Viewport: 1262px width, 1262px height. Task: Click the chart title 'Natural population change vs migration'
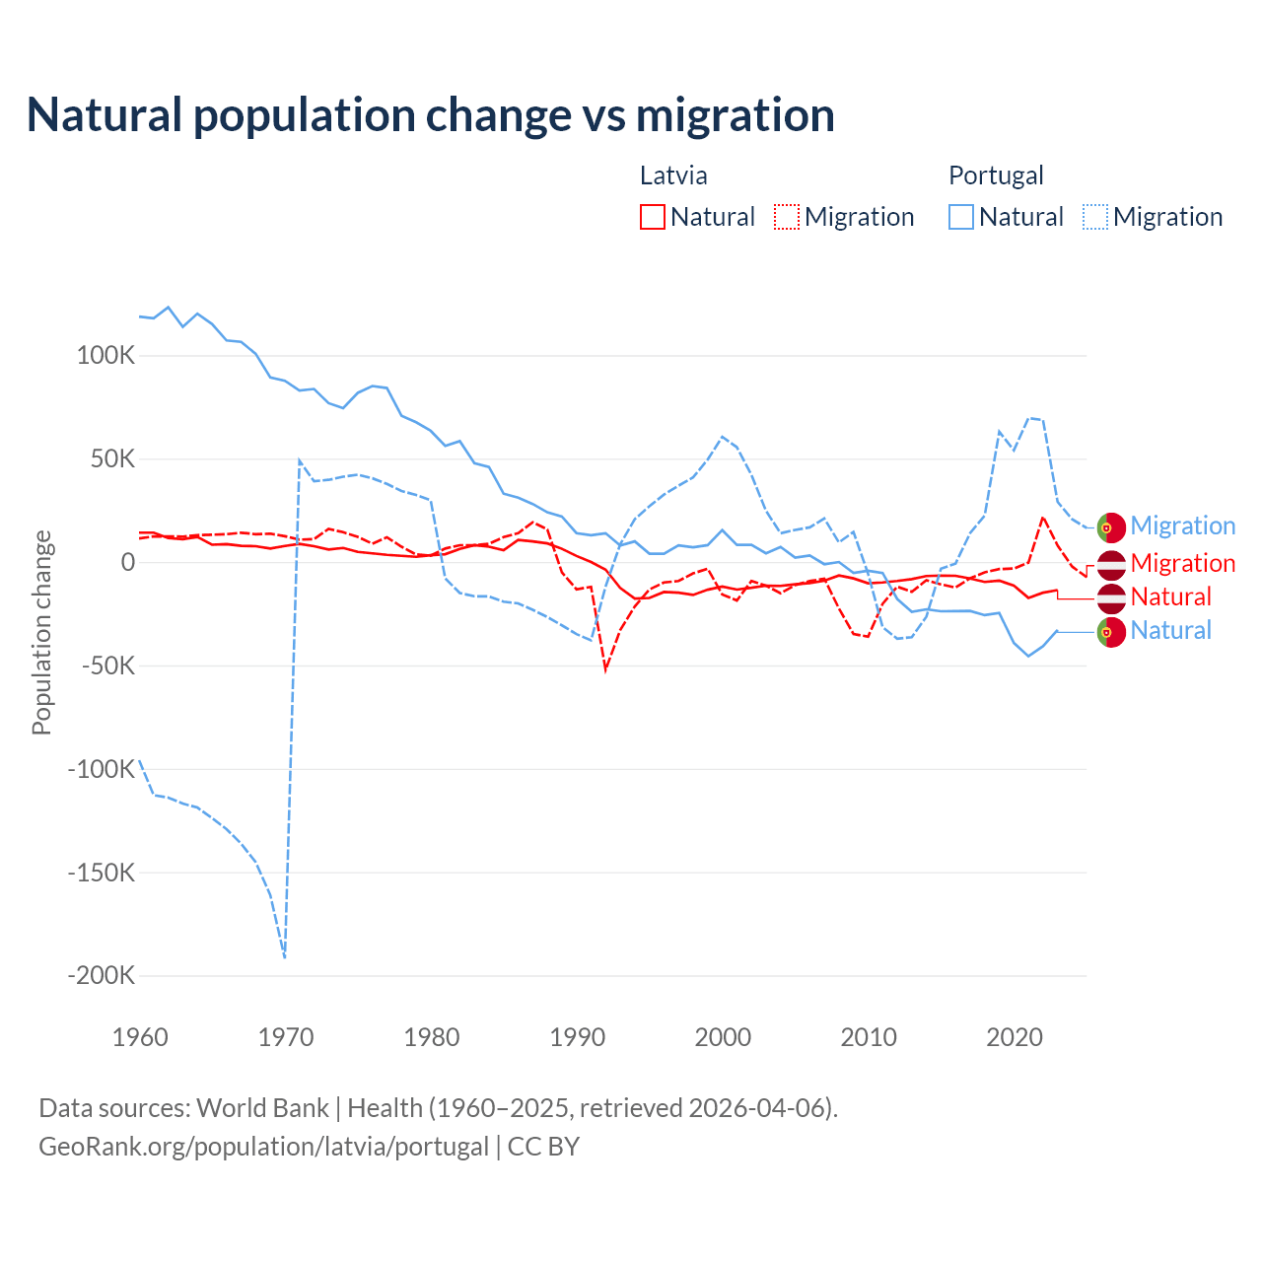431,115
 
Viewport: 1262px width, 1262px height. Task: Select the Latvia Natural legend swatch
652,217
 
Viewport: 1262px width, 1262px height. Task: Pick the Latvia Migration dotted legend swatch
787,217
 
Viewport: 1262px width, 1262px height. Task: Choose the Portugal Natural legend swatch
961,217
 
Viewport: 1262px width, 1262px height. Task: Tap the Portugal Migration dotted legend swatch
1095,217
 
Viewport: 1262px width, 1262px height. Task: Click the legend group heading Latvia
673,175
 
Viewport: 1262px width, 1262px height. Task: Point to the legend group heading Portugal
996,175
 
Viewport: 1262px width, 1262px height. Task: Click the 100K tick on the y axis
105,355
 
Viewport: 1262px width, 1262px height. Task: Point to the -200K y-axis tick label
101,976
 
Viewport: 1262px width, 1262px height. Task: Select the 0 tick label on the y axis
128,562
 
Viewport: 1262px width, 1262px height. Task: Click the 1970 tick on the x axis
286,1037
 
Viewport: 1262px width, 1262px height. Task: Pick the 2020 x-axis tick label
1015,1037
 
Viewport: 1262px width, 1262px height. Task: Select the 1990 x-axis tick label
578,1037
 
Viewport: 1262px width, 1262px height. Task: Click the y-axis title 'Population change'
41,633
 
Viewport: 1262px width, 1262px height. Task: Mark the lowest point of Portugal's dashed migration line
285,956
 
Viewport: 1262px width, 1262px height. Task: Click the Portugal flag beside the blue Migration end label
1111,527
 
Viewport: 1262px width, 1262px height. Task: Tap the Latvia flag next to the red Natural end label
1111,597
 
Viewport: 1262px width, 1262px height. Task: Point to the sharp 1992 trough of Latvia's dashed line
605,669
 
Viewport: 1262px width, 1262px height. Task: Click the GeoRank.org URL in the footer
263,1147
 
